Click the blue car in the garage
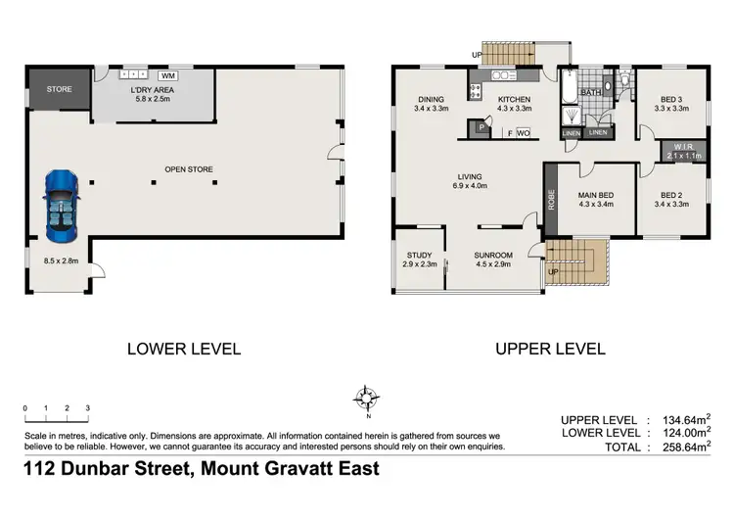[60, 207]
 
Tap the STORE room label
[60, 90]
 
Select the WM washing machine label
[166, 75]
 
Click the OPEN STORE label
[189, 169]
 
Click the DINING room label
[431, 99]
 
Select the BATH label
[590, 93]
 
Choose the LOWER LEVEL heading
[185, 348]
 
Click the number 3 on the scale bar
[87, 407]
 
